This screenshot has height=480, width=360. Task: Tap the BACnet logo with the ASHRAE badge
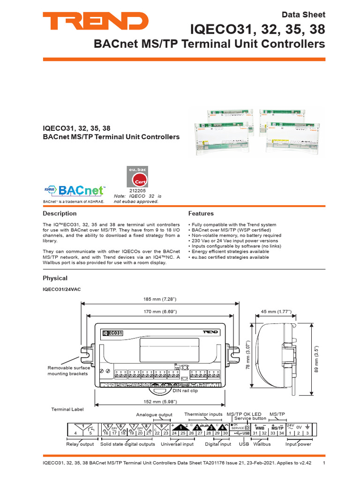pyautogui.click(x=74, y=190)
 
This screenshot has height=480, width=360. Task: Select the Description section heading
pyautogui.click(x=60, y=213)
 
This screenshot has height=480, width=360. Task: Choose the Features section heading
pyautogui.click(x=201, y=213)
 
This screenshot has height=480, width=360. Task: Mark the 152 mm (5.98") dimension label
pyautogui.click(x=160, y=401)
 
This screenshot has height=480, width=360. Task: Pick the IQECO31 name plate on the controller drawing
pyautogui.click(x=113, y=333)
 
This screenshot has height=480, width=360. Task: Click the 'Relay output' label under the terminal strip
pyautogui.click(x=80, y=444)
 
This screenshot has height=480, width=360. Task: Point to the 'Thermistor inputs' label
pyautogui.click(x=203, y=414)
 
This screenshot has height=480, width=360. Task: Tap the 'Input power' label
pyautogui.click(x=298, y=444)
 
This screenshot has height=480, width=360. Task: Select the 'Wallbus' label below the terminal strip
pyautogui.click(x=262, y=444)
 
